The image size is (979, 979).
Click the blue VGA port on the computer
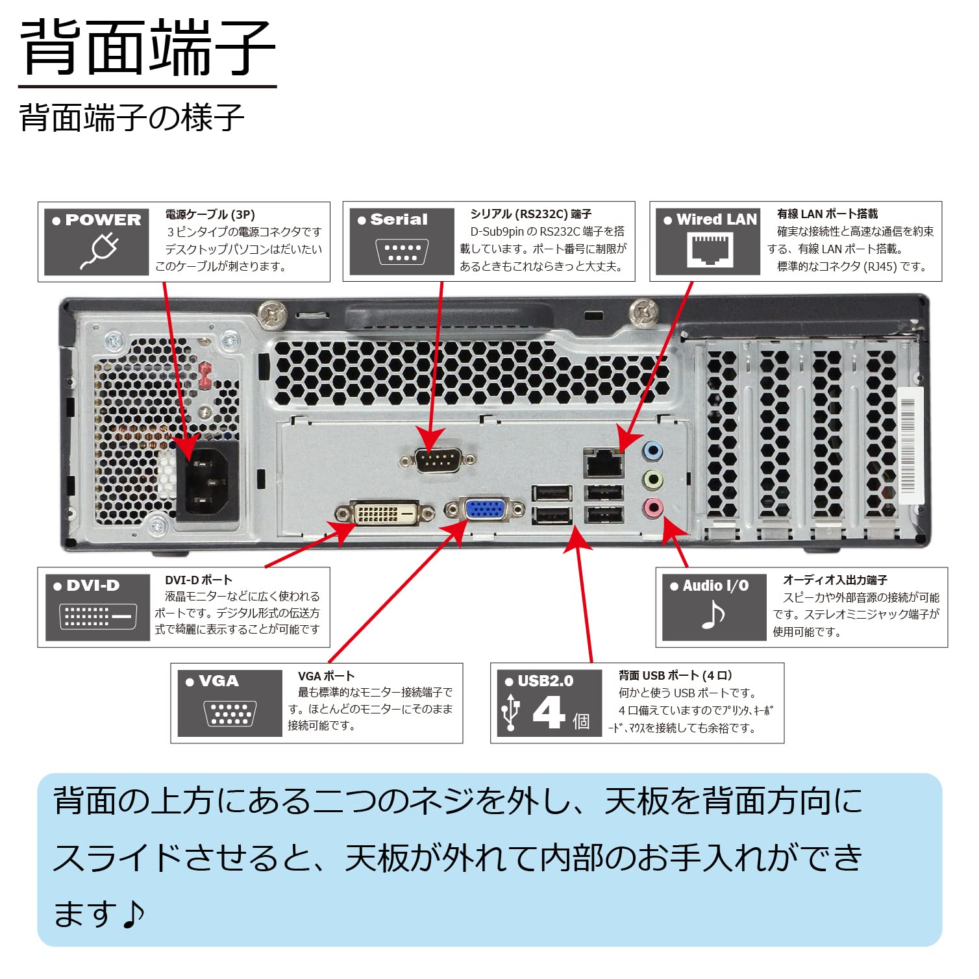coord(485,509)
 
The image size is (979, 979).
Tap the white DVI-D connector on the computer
coord(384,513)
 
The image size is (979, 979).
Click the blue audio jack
coord(652,450)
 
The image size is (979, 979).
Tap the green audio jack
coord(652,480)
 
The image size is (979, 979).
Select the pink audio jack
coord(652,508)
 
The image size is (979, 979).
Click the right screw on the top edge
coord(644,311)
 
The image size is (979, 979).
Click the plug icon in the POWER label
coord(99,251)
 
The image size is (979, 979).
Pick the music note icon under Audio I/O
coord(713,615)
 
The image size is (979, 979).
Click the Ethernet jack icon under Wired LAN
coord(710,250)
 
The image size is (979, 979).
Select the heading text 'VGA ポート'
coord(326,676)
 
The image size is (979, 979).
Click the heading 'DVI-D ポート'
coord(198,580)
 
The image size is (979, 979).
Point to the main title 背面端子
coord(147,48)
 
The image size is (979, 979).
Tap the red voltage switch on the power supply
coord(204,375)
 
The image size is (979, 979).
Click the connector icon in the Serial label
coord(402,252)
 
